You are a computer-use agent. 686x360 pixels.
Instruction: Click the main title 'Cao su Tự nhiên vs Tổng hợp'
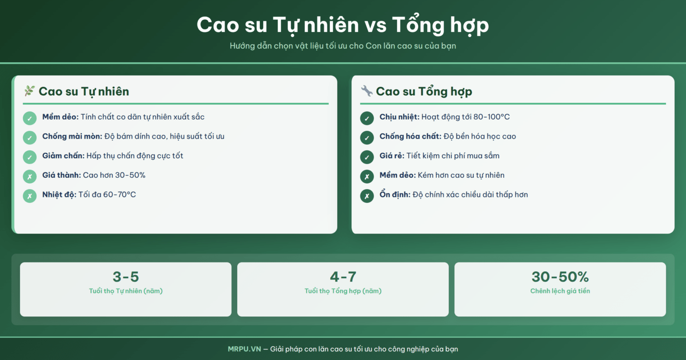pos(343,24)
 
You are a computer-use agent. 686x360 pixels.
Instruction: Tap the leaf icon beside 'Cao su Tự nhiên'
pos(29,91)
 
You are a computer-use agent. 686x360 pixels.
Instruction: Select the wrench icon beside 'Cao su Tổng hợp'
pos(367,91)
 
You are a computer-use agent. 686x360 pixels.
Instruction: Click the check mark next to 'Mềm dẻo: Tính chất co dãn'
pos(29,118)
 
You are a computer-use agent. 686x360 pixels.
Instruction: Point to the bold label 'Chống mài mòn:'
pos(72,136)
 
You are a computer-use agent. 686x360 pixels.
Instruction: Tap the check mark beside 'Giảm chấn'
pos(29,157)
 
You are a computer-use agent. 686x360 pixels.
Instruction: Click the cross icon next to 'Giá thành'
pos(29,176)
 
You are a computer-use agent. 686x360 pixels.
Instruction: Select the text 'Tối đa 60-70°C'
pos(107,194)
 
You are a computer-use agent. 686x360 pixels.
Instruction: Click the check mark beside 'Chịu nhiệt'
pos(367,118)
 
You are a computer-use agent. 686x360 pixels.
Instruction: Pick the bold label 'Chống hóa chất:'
pos(410,136)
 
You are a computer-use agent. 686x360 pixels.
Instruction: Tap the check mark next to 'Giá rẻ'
pos(367,157)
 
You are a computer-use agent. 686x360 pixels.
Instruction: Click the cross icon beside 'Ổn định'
pos(367,196)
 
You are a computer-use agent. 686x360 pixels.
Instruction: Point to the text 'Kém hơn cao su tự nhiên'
pos(461,175)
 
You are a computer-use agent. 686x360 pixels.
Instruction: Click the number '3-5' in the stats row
pos(125,277)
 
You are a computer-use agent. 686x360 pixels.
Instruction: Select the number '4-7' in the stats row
pos(343,277)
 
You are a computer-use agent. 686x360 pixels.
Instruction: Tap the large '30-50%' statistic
pos(560,277)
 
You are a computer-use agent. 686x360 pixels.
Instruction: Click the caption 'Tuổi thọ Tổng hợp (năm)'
pos(343,291)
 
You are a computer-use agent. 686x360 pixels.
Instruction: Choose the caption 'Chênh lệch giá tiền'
pos(560,291)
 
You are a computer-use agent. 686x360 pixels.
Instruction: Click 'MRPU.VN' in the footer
pos(244,349)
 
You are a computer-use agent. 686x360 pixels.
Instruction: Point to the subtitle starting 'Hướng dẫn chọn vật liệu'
pos(343,46)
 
